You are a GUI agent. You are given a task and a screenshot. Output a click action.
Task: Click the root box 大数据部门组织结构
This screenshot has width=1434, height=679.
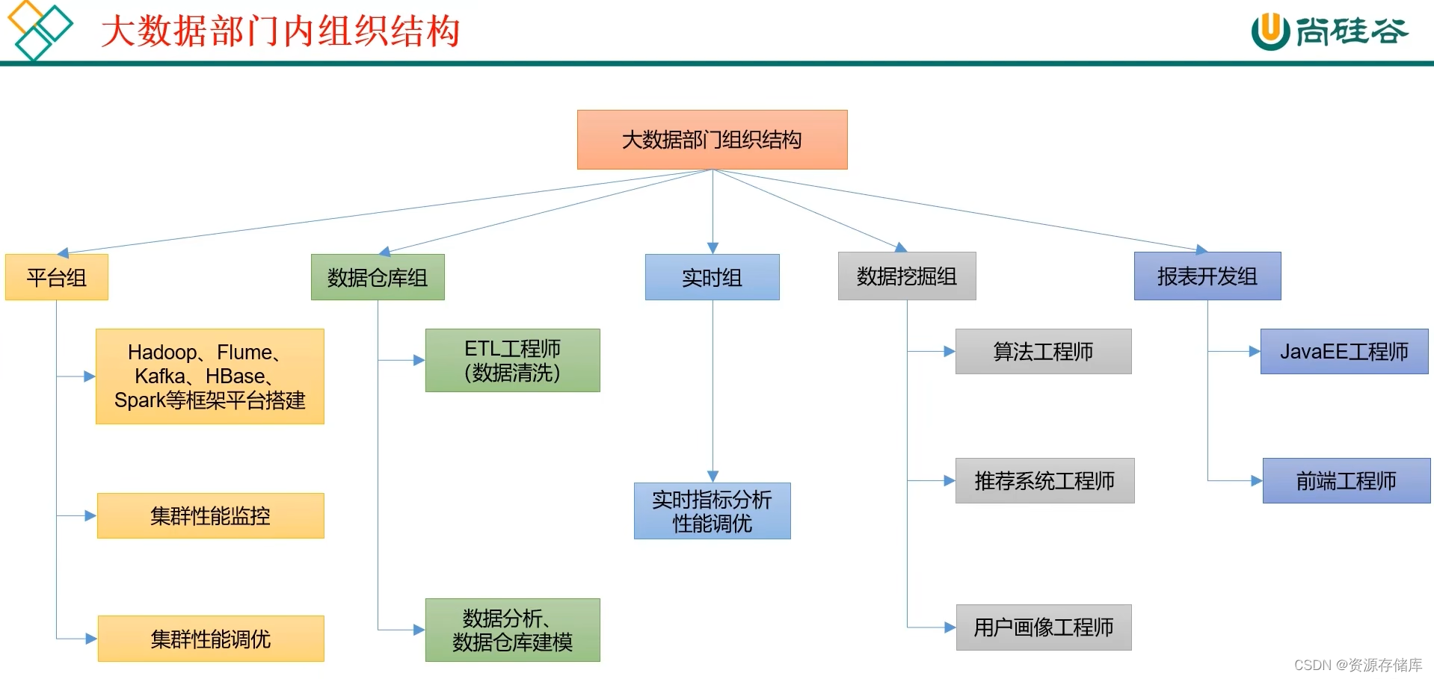(712, 140)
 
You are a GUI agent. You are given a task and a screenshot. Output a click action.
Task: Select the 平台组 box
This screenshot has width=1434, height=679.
(57, 277)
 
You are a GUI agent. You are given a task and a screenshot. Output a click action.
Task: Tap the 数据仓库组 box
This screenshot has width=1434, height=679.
(378, 277)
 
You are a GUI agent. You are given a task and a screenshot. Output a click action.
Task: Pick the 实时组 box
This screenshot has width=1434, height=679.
(712, 277)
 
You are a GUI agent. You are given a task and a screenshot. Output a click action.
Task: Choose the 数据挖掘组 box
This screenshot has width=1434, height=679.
(907, 276)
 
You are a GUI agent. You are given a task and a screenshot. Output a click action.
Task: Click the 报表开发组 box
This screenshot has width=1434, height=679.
(1207, 276)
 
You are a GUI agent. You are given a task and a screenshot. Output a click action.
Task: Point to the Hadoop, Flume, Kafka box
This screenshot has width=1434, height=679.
(210, 376)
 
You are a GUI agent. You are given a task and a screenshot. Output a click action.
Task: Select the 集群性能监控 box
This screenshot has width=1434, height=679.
(211, 515)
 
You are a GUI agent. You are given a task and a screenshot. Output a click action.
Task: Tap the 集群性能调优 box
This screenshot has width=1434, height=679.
(211, 639)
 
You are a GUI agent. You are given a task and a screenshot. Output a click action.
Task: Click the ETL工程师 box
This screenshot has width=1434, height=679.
(512, 360)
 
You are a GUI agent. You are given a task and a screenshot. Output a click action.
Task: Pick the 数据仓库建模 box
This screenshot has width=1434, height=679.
(512, 630)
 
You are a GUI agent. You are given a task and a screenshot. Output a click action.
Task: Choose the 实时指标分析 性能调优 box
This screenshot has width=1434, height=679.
(712, 511)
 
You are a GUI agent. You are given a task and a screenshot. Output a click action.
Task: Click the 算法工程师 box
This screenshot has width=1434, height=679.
(1043, 351)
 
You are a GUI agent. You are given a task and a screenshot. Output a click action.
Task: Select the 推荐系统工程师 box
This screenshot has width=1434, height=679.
(1044, 480)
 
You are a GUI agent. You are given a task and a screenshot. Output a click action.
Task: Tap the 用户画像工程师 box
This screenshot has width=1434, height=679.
(1043, 627)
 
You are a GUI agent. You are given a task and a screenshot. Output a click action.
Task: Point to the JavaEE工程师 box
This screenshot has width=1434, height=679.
(1344, 351)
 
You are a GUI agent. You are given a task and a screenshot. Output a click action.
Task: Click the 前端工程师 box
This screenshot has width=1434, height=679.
(1346, 480)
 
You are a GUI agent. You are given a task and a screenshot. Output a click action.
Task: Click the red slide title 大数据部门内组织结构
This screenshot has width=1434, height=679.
(280, 32)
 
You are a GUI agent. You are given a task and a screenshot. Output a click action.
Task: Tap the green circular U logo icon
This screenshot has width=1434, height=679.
(1270, 32)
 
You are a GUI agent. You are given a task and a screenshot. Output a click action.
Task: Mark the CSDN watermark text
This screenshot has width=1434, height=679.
(1357, 665)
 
